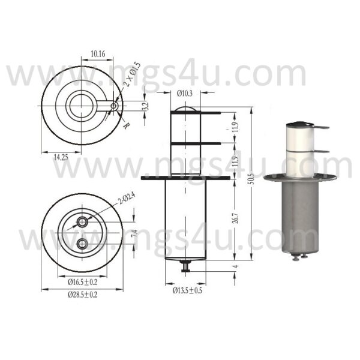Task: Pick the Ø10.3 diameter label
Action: (x=185, y=92)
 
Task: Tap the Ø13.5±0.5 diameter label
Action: (x=188, y=290)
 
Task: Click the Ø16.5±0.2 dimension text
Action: (x=82, y=280)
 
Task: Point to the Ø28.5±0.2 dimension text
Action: (x=82, y=295)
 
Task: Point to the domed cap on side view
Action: (x=185, y=110)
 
